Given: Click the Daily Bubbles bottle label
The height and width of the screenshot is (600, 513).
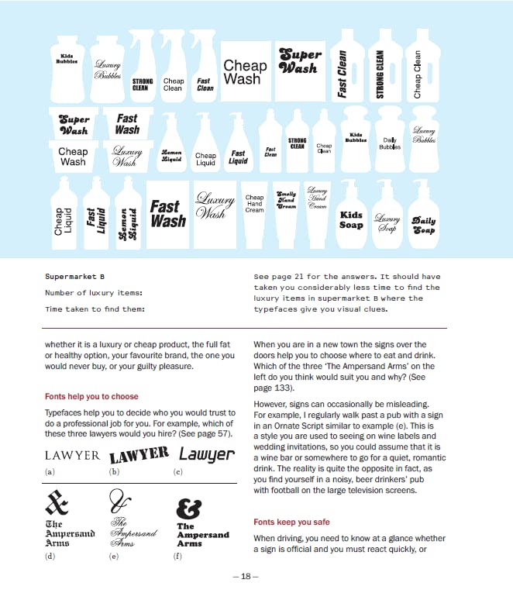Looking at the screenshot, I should [390, 143].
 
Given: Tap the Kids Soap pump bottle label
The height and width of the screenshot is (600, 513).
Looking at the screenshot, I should [351, 219].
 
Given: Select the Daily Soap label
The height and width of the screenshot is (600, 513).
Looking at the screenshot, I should [423, 225].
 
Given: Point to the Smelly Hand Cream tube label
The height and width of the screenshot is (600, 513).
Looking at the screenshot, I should [286, 200].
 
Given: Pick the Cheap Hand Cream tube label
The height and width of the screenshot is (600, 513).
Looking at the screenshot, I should [254, 204].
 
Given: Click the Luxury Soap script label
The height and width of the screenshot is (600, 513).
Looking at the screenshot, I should [387, 222].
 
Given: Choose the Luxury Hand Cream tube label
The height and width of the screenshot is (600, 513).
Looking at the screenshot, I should [317, 198].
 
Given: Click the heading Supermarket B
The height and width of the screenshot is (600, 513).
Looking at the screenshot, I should [75, 276].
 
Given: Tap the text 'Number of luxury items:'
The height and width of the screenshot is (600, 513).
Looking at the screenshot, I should [94, 292].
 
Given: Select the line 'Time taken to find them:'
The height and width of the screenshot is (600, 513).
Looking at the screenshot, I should [95, 309].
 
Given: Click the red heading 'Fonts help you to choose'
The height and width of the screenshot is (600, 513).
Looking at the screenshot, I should [91, 396].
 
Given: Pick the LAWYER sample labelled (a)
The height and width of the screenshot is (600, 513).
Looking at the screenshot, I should [72, 455].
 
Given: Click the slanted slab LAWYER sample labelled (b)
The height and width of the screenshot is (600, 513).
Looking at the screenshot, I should [139, 454].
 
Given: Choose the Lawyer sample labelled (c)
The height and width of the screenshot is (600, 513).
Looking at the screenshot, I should [206, 454].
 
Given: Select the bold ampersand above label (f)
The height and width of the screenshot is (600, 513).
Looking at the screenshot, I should [189, 508].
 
